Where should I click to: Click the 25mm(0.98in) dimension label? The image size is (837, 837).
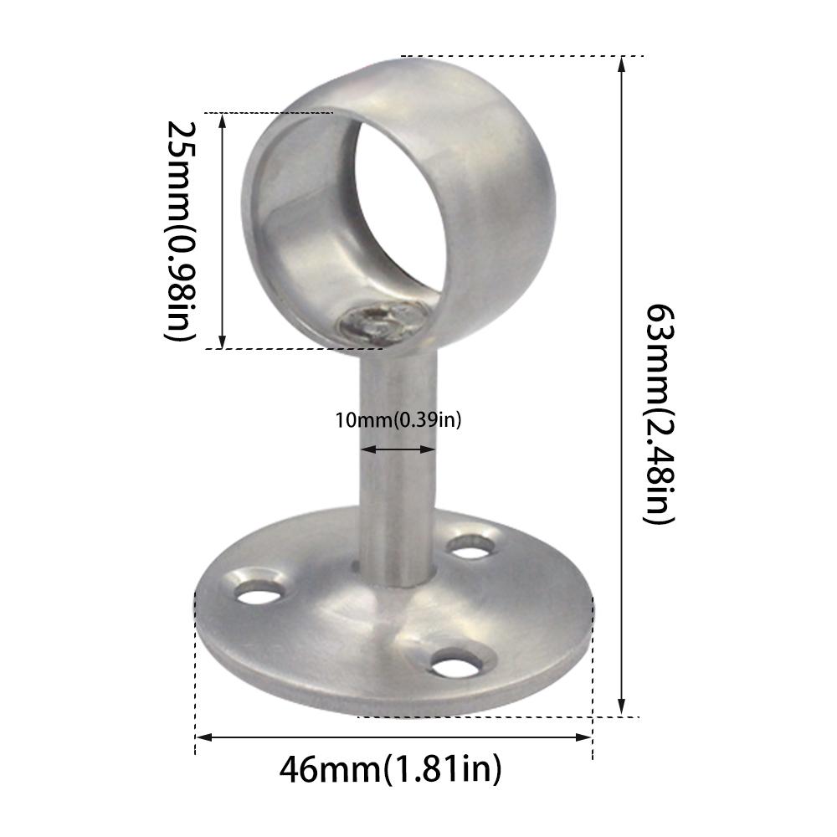tap(181, 230)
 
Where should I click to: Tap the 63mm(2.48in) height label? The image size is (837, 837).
tap(659, 413)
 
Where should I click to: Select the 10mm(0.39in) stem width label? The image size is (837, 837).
tap(398, 420)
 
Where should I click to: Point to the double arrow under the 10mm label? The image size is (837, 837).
tap(398, 449)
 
